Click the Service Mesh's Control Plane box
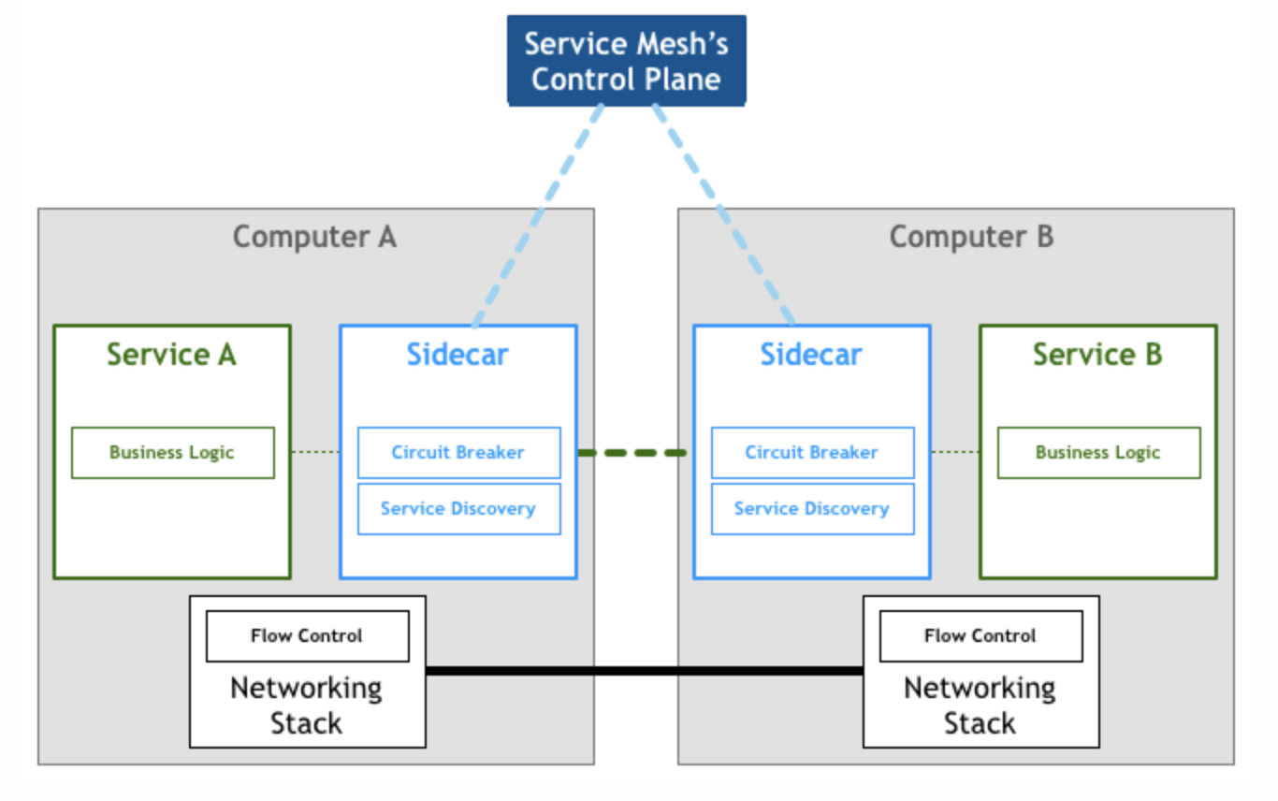tap(626, 60)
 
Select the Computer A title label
tap(314, 237)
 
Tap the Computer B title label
tap(971, 237)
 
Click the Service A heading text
tap(171, 355)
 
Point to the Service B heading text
tap(1097, 355)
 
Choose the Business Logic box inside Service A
tap(172, 453)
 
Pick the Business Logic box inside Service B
tap(1098, 453)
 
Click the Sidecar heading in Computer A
tap(457, 355)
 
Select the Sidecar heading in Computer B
tap(811, 355)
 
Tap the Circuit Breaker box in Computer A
tap(458, 453)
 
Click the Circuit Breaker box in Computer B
tap(812, 453)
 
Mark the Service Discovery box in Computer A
tap(458, 509)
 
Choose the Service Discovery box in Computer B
tap(812, 509)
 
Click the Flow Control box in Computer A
tap(307, 636)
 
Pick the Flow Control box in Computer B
tap(980, 636)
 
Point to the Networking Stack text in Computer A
tap(306, 706)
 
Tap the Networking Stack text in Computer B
tap(980, 706)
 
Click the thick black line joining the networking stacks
tap(644, 670)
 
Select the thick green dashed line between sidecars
tap(633, 453)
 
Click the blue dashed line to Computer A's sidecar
tap(539, 215)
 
